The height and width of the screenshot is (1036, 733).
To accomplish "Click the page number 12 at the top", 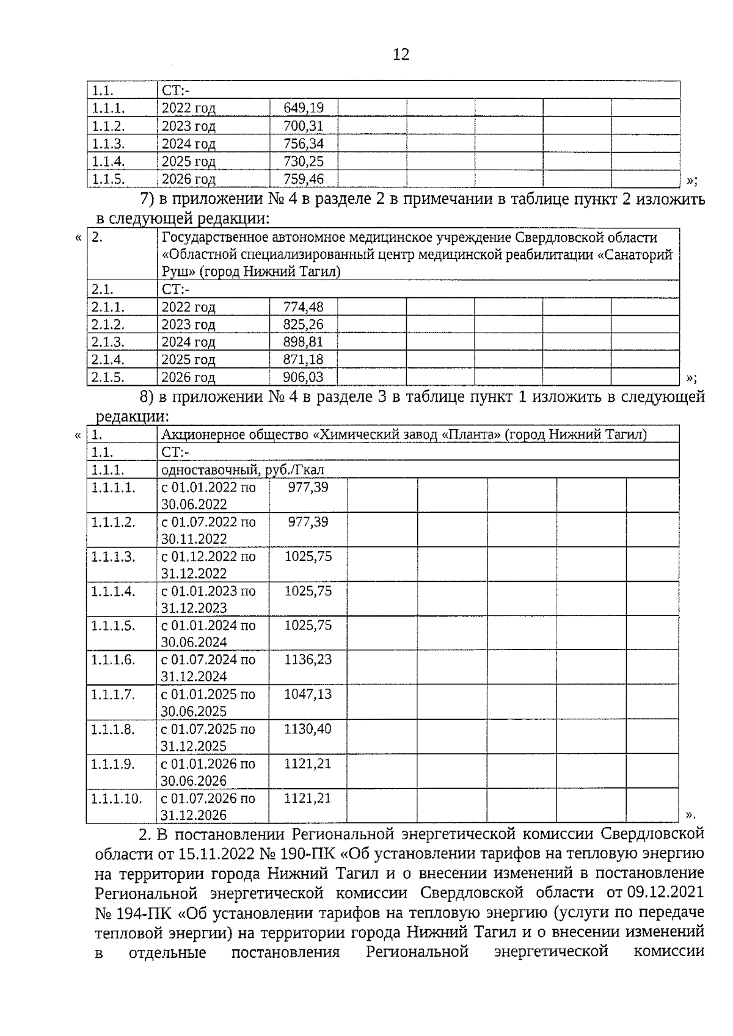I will pos(401,55).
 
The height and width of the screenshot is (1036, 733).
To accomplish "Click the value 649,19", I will pos(303,108).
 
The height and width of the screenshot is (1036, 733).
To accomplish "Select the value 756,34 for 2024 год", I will pos(303,143).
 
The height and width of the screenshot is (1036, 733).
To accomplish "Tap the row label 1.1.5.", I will pos(108,179).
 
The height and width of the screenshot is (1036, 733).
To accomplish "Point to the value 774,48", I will pos(303,306).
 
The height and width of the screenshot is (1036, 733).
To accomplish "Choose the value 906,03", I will pos(303,377).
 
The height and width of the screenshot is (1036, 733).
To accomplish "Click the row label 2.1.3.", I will pos(108,342).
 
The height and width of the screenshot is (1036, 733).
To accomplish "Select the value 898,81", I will pos(303,342).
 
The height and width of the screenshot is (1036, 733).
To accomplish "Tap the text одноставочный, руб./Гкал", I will pos(243,469).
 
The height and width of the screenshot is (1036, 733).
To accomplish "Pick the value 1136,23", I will pos(308,659).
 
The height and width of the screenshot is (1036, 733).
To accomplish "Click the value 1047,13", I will pos(308,694).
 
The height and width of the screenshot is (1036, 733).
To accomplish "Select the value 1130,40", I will pos(308,729).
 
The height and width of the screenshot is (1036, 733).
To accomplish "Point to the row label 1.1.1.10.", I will pos(116,798).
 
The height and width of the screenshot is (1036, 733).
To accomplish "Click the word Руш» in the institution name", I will pos(177,272).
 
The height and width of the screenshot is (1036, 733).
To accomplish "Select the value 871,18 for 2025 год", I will pos(303,360).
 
